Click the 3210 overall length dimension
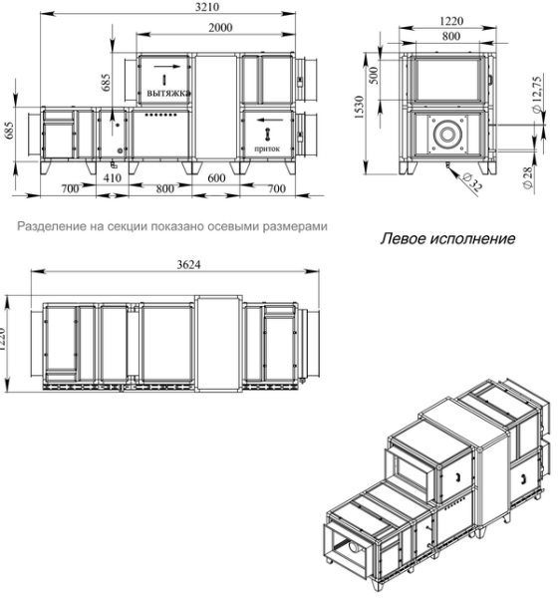pyautogui.click(x=173, y=7)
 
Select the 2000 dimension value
pyautogui.click(x=213, y=28)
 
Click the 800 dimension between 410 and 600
pyautogui.click(x=160, y=187)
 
